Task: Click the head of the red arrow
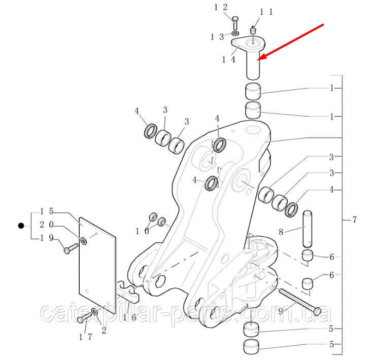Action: pyautogui.click(x=260, y=58)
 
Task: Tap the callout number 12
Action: pyautogui.click(x=221, y=7)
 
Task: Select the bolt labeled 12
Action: pyautogui.click(x=235, y=23)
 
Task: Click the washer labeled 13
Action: pyautogui.click(x=235, y=33)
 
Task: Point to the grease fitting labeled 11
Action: pyautogui.click(x=253, y=30)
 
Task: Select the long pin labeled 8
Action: pyautogui.click(x=307, y=229)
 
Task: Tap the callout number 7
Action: pyautogui.click(x=354, y=220)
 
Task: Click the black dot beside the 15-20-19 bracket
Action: pyautogui.click(x=21, y=226)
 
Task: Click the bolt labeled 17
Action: pyautogui.click(x=84, y=317)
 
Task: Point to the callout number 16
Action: pyautogui.click(x=129, y=317)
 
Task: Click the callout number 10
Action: pyautogui.click(x=143, y=231)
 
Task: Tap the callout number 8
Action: pyautogui.click(x=281, y=232)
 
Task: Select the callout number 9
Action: pyautogui.click(x=281, y=311)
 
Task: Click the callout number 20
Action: pyautogui.click(x=47, y=224)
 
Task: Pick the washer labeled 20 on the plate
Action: pyautogui.click(x=84, y=241)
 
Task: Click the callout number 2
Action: pyautogui.click(x=104, y=331)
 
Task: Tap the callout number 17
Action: pyautogui.click(x=85, y=337)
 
